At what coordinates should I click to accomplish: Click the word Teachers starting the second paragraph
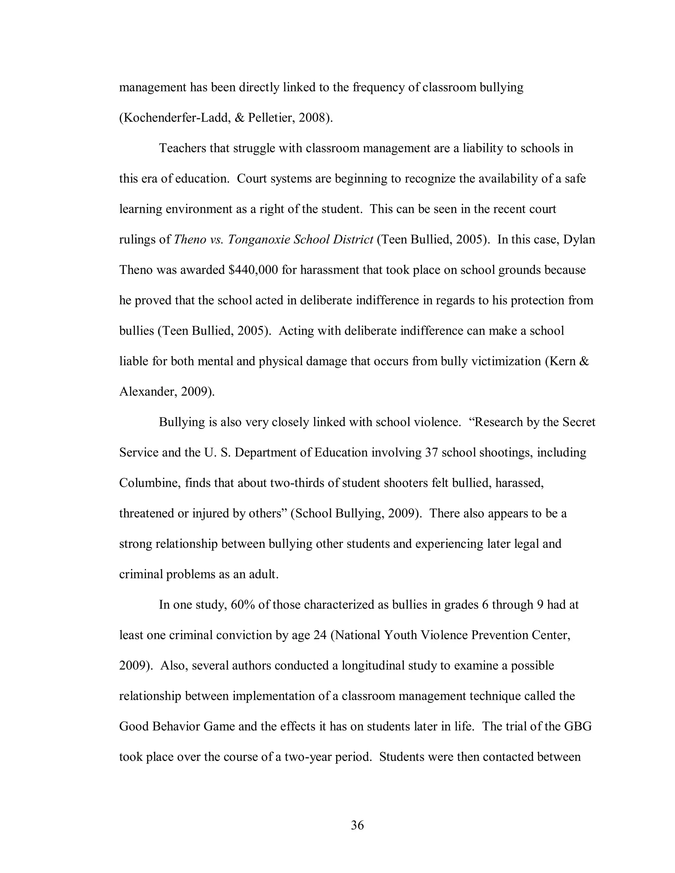click(x=182, y=148)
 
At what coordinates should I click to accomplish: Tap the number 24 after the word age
click(x=320, y=635)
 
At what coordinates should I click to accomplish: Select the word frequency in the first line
click(x=379, y=87)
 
